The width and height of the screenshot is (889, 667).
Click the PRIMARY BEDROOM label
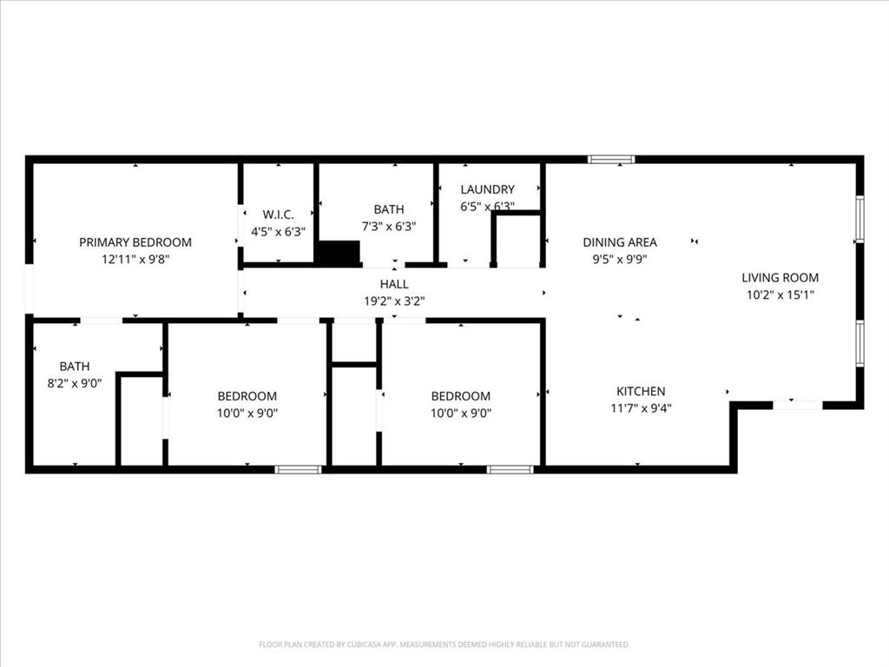(135, 242)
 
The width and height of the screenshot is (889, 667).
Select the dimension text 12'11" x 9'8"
(135, 259)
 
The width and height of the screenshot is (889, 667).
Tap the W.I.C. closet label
(279, 215)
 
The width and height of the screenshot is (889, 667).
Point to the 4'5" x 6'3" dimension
(279, 232)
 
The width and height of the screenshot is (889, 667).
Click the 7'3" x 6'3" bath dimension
(389, 226)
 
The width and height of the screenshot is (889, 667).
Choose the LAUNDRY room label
(487, 189)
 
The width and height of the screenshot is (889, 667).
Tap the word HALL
(394, 284)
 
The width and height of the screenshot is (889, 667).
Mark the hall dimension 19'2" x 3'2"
(394, 301)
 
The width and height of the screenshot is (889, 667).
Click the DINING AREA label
(620, 242)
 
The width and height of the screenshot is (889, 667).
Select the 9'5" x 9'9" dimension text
(620, 259)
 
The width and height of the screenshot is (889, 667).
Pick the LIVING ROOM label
(780, 278)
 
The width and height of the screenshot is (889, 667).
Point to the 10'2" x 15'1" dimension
(780, 294)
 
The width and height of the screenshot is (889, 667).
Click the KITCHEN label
(641, 392)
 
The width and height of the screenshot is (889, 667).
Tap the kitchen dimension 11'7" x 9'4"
(641, 408)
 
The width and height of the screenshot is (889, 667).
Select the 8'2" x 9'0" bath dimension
(75, 383)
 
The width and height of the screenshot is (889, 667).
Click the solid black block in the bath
(338, 253)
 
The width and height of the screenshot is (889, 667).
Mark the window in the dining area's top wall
(611, 159)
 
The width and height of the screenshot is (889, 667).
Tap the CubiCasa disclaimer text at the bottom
(444, 644)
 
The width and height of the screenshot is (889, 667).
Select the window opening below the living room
(798, 405)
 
